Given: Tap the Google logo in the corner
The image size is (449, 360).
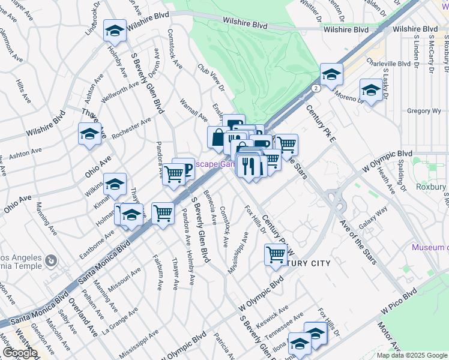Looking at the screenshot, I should [x=19, y=353].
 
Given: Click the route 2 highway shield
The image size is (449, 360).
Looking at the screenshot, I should [x=315, y=88].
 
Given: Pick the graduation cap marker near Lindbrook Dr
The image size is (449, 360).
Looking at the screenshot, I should [x=115, y=29].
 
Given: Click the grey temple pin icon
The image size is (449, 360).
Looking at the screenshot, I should [x=50, y=261].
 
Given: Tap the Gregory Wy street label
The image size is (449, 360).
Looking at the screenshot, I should [x=424, y=111].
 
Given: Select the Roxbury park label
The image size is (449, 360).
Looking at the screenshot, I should [x=432, y=187].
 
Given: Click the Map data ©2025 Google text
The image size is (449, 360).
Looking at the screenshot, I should [x=412, y=355].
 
